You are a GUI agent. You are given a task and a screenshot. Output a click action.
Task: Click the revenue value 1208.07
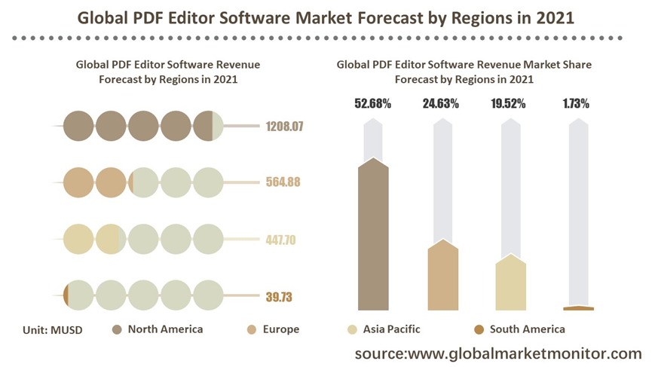(x=284, y=127)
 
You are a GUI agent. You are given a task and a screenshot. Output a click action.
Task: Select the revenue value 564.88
(x=284, y=182)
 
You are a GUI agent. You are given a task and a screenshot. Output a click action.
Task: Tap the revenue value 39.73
(x=279, y=297)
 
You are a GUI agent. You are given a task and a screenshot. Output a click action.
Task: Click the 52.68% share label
(x=373, y=104)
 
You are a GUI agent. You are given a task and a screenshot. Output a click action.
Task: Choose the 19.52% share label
(x=510, y=104)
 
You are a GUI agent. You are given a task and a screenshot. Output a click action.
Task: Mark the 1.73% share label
(x=577, y=104)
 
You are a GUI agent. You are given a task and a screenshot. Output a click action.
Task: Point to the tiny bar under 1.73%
(x=578, y=308)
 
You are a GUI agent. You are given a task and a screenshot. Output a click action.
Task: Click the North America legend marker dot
(x=117, y=329)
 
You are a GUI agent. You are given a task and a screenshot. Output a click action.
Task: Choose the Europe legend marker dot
(x=253, y=329)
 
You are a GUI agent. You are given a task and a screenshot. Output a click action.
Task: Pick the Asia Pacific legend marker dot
(x=352, y=329)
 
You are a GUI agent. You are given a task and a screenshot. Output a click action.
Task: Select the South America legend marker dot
(x=479, y=329)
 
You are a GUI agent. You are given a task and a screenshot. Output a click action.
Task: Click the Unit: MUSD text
(x=52, y=329)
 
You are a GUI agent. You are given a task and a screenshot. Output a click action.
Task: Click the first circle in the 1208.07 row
(x=78, y=126)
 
